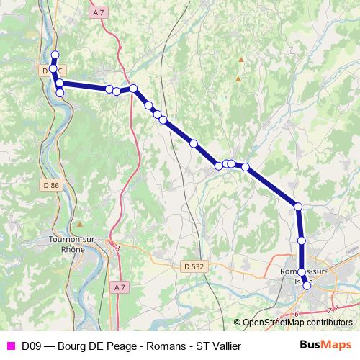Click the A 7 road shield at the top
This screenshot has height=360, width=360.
(99, 13)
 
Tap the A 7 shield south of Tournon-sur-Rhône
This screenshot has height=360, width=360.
(119, 287)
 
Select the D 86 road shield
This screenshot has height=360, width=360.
(50, 185)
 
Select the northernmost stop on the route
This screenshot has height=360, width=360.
(55, 55)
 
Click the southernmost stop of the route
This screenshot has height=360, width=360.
(307, 286)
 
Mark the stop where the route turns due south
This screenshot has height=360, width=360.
(298, 207)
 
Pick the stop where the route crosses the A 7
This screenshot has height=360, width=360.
(133, 89)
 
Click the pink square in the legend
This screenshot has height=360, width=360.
(9, 346)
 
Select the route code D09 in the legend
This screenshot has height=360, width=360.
(32, 346)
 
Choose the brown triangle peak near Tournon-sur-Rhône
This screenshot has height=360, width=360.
(79, 224)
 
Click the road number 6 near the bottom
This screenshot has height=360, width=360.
(296, 314)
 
